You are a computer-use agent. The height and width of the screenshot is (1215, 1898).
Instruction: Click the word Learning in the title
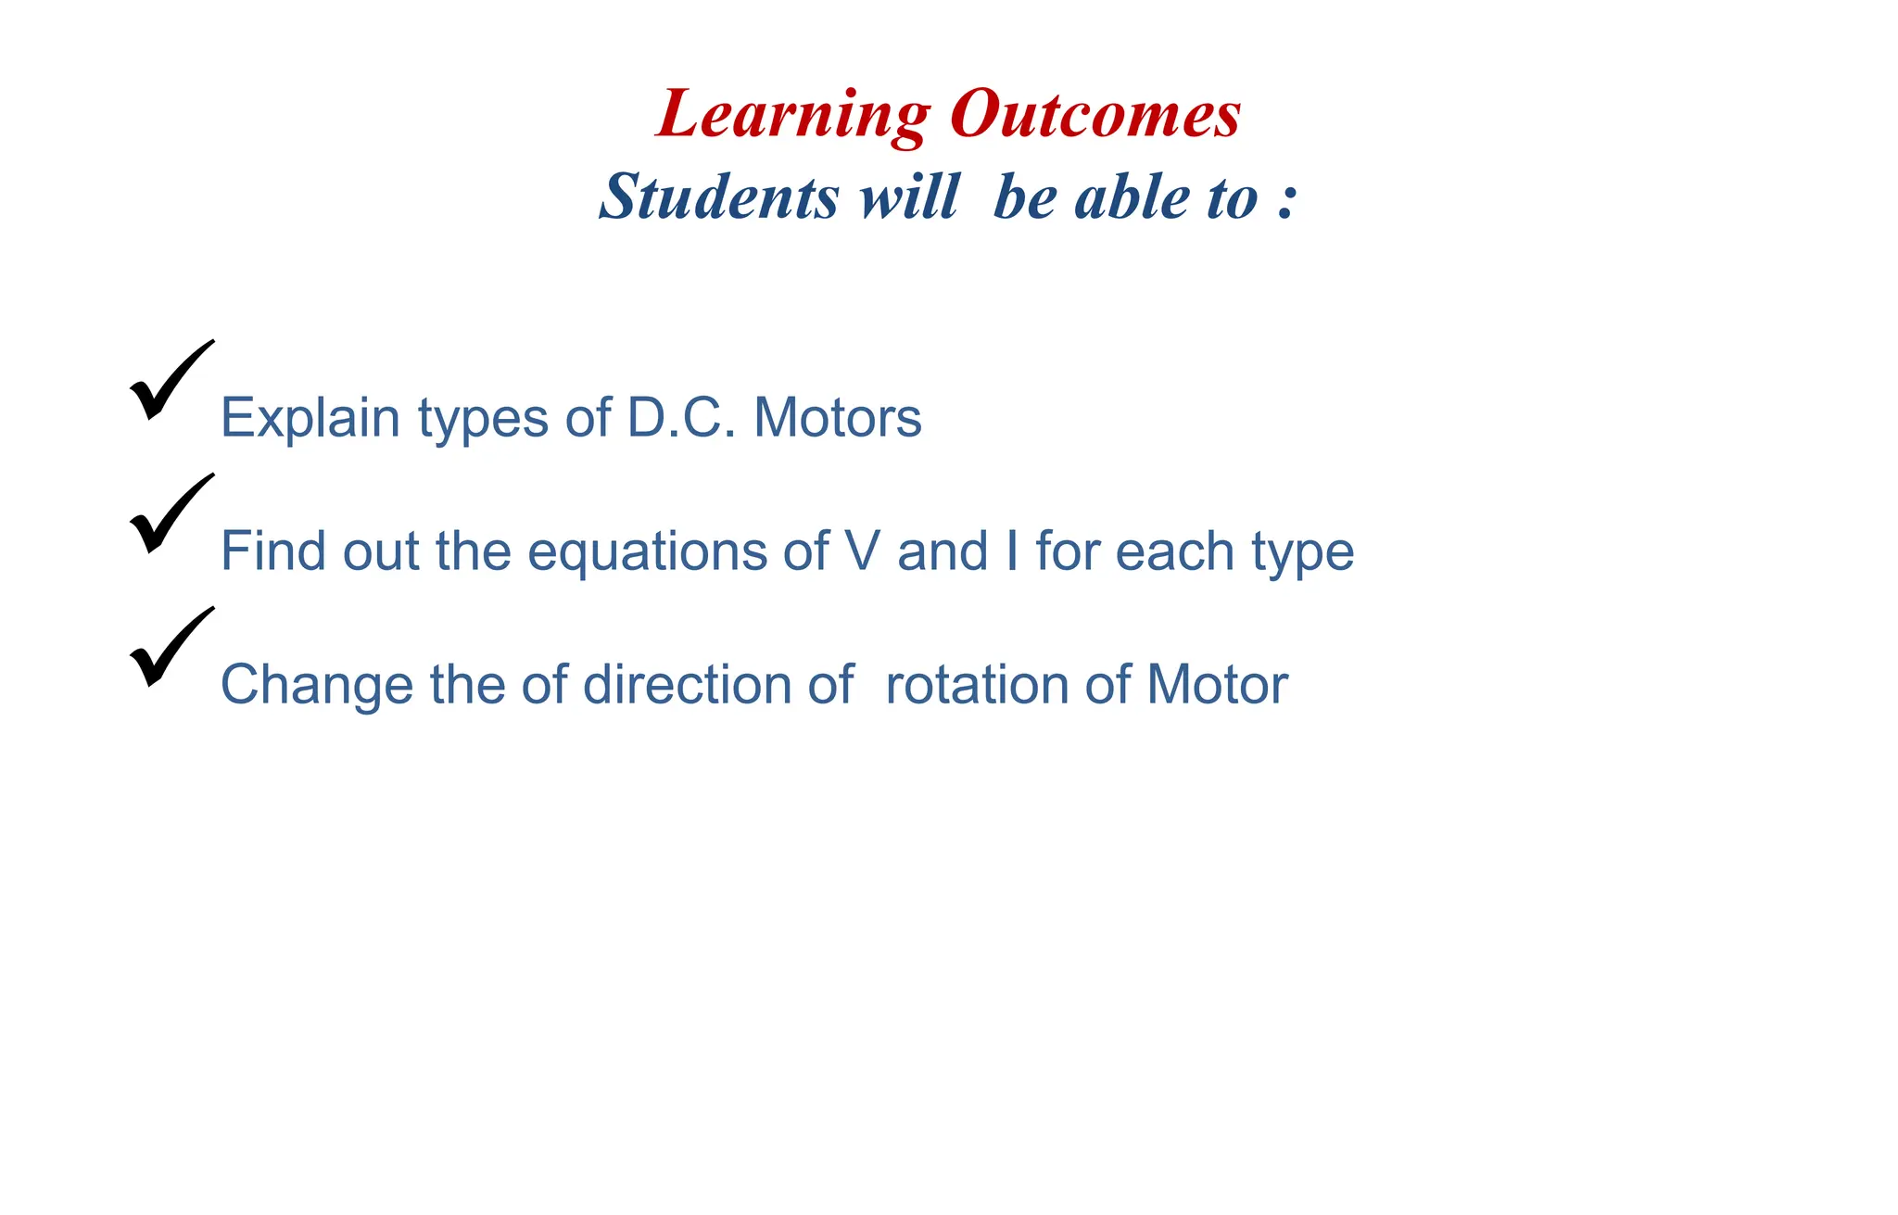pos(793,115)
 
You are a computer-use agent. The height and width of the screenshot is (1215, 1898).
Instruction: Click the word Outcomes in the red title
pos(1095,115)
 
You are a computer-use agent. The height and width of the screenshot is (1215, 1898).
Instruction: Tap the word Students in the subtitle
pos(719,196)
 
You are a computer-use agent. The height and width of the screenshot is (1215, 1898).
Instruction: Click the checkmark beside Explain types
pos(170,381)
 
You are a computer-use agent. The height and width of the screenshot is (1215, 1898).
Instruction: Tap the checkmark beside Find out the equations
pos(170,514)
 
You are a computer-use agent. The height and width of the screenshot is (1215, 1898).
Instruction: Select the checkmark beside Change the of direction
pos(170,648)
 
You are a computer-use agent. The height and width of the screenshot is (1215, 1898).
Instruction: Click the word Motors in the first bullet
pos(838,418)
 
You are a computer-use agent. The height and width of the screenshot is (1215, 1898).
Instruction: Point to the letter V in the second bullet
pos(862,551)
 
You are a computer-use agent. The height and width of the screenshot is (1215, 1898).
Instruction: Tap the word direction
pos(687,685)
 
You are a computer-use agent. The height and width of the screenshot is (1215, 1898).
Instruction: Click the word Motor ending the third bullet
pos(1217,685)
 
